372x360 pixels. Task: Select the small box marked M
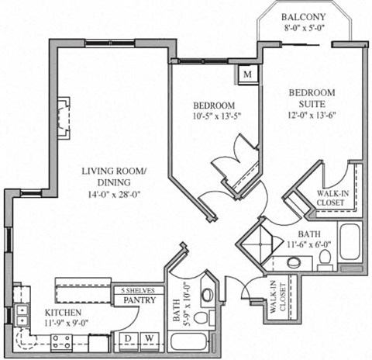[x=247, y=74]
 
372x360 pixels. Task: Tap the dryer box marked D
[x=126, y=337]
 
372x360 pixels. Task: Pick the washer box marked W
[x=146, y=337]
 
